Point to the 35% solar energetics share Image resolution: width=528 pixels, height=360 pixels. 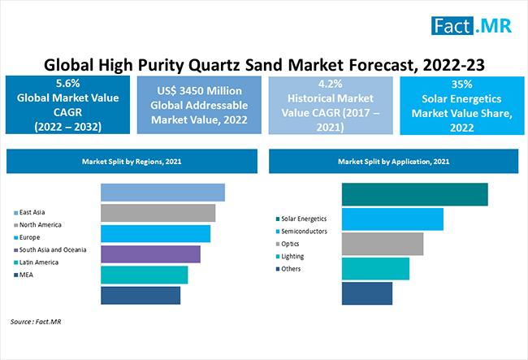(459, 82)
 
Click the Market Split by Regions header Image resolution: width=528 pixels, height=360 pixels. (131, 162)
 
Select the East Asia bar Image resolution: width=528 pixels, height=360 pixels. (162, 193)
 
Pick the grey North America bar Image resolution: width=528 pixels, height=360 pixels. (158, 213)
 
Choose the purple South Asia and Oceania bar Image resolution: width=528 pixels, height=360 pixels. (150, 254)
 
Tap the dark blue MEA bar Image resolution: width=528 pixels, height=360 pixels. (141, 296)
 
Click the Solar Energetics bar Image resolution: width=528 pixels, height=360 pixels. (414, 194)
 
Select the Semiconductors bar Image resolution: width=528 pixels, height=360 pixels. (392, 219)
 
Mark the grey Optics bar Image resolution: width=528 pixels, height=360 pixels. (383, 244)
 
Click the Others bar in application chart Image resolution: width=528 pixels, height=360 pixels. (367, 293)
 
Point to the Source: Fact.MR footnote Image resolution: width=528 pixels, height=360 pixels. (37, 323)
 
